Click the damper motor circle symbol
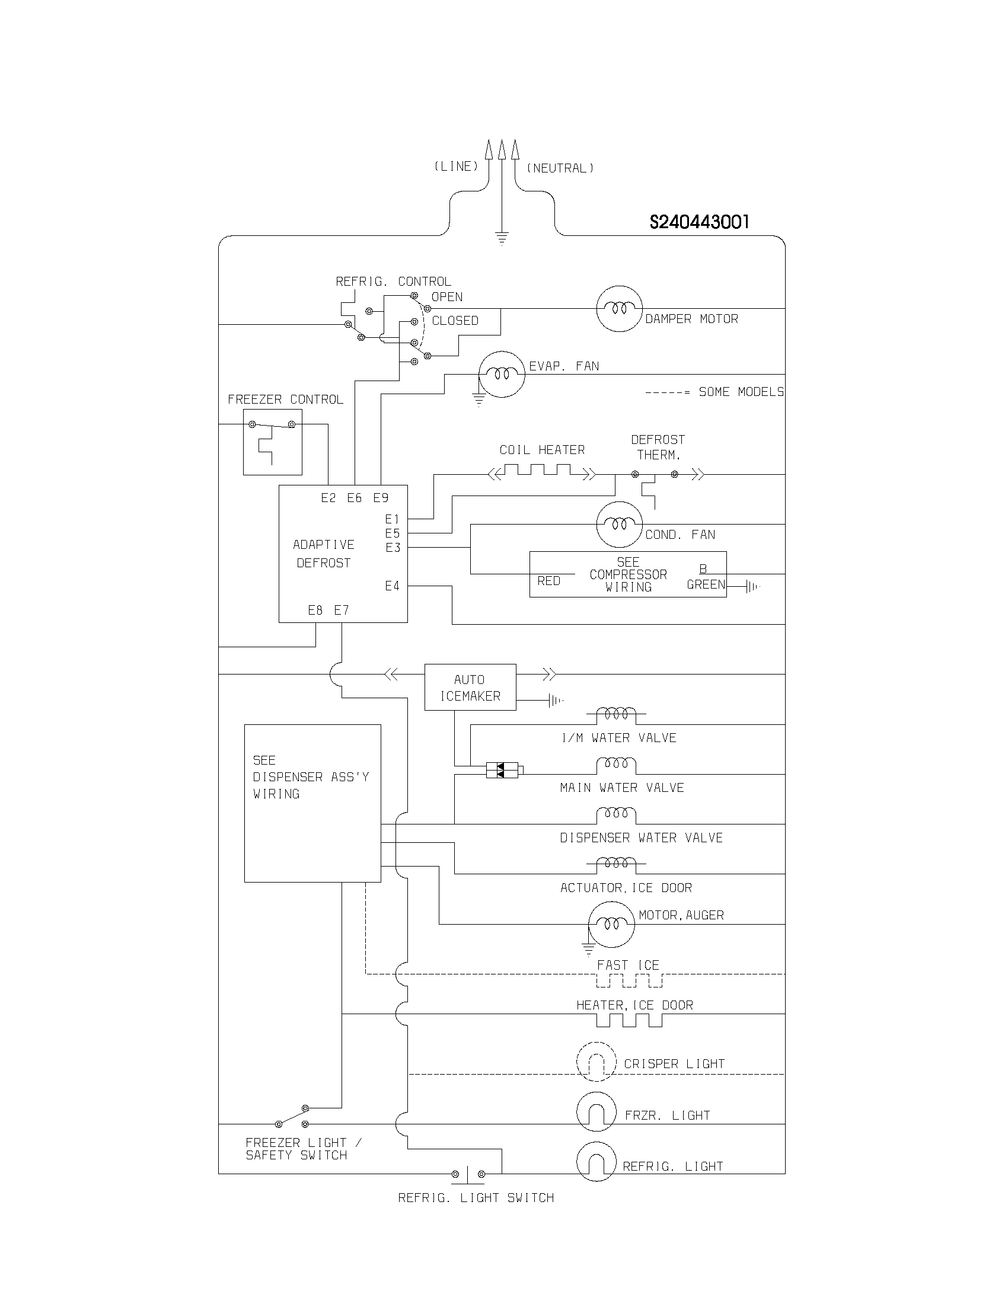coord(619,308)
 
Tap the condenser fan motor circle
coord(619,524)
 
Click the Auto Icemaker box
coord(470,687)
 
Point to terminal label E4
coord(392,586)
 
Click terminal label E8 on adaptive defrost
coord(315,610)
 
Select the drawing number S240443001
coord(698,222)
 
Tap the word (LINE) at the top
coord(456,167)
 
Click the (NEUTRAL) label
coord(560,168)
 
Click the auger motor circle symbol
coord(611,924)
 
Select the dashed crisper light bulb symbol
coord(596,1062)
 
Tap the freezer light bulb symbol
coord(596,1112)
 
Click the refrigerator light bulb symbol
coord(596,1162)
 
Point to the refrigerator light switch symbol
coord(468,1174)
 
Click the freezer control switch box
coord(272,442)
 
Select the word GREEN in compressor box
coord(705,584)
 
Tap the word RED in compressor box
coord(548,581)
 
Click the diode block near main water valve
coord(502,770)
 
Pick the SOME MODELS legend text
coord(741,392)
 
